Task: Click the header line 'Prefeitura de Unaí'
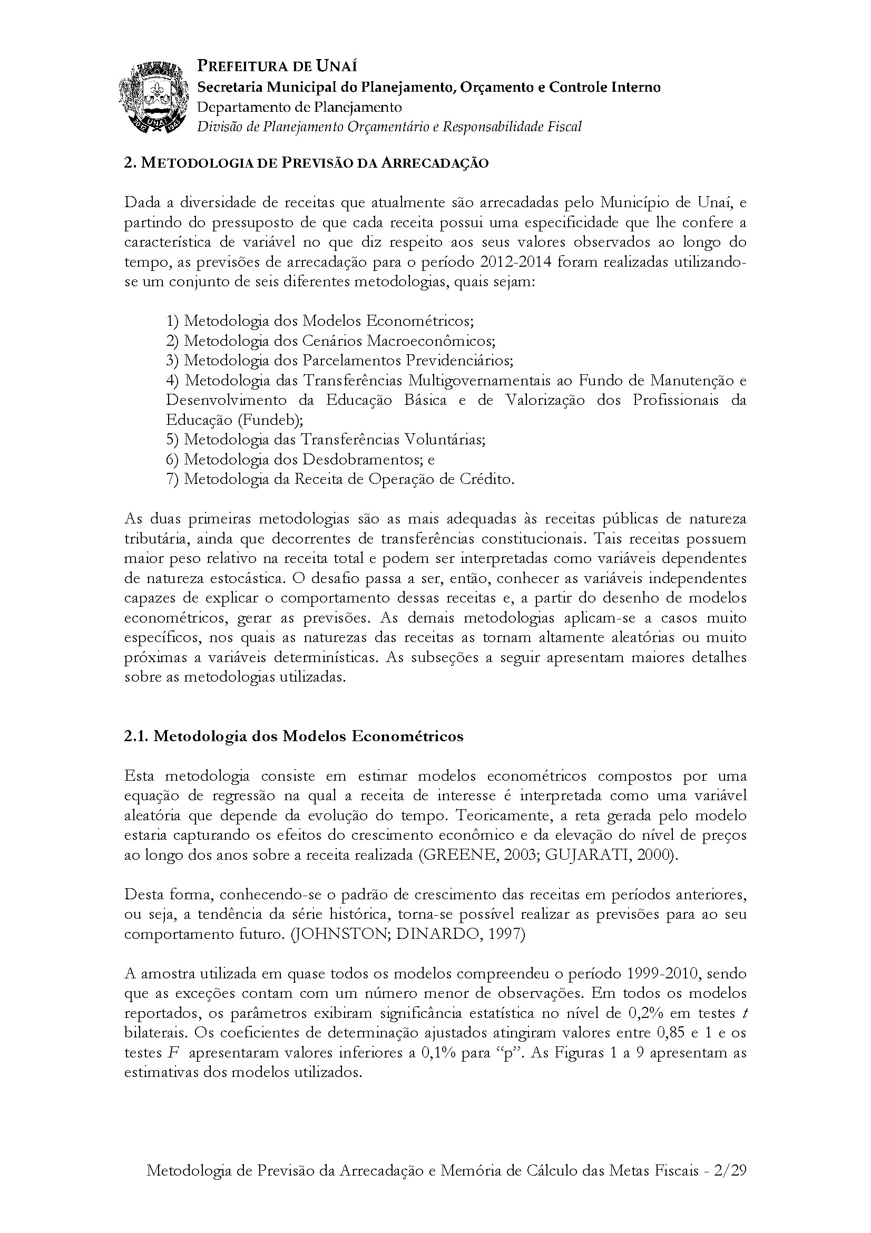[x=277, y=66]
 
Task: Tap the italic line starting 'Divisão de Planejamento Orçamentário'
[x=389, y=127]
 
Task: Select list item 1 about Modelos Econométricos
[x=320, y=321]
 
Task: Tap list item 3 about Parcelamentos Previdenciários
[x=340, y=361]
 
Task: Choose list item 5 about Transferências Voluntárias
[x=326, y=439]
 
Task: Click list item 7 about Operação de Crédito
[x=340, y=479]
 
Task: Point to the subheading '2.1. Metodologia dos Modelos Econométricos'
[x=293, y=736]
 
